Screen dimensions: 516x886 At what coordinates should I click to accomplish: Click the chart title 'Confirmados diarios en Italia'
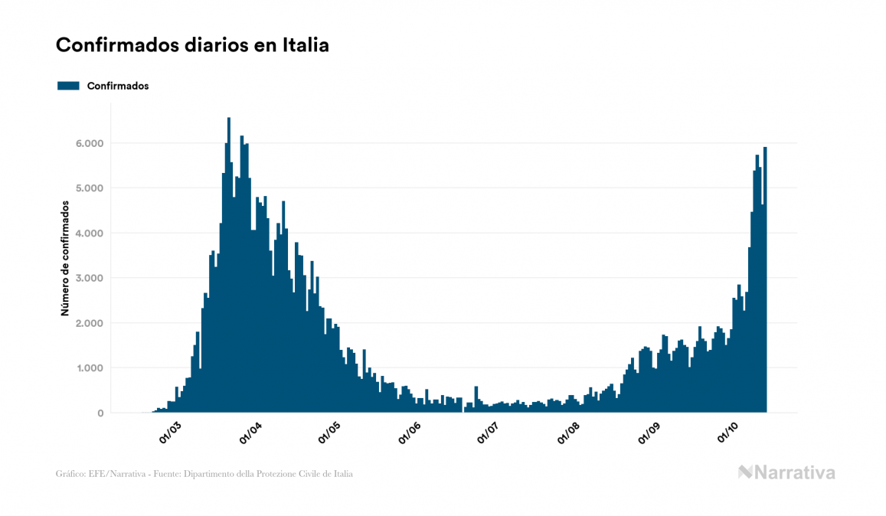point(192,45)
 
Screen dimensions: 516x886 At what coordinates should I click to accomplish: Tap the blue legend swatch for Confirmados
point(68,86)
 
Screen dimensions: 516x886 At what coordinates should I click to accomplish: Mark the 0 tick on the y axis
point(100,413)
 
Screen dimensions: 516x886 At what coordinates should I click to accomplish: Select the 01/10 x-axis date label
point(728,433)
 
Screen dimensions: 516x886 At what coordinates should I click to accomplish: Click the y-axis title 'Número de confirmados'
point(65,259)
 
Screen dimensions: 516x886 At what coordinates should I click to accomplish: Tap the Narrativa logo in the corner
point(786,472)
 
